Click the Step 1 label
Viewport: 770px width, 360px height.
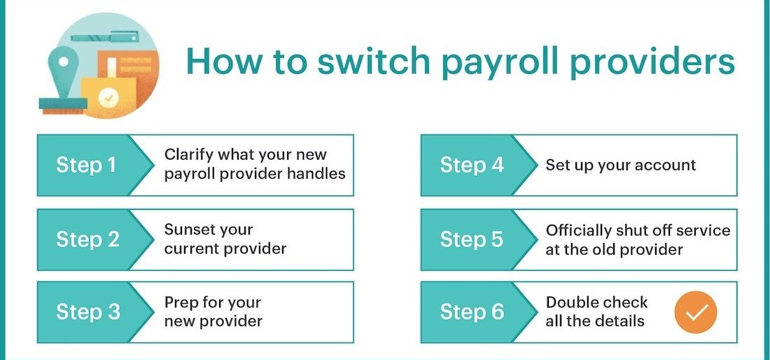point(86,165)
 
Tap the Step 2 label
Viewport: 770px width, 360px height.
point(87,239)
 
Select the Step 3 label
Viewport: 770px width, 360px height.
point(87,312)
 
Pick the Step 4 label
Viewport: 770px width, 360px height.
point(472,165)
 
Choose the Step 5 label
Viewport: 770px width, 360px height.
point(472,239)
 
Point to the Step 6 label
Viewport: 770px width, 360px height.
point(472,312)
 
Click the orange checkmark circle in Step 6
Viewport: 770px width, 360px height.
point(696,312)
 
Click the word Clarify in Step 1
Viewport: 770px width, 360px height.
point(189,155)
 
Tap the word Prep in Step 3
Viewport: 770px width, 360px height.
point(179,303)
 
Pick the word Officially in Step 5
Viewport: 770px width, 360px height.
point(577,230)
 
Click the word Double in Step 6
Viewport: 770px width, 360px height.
point(570,303)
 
